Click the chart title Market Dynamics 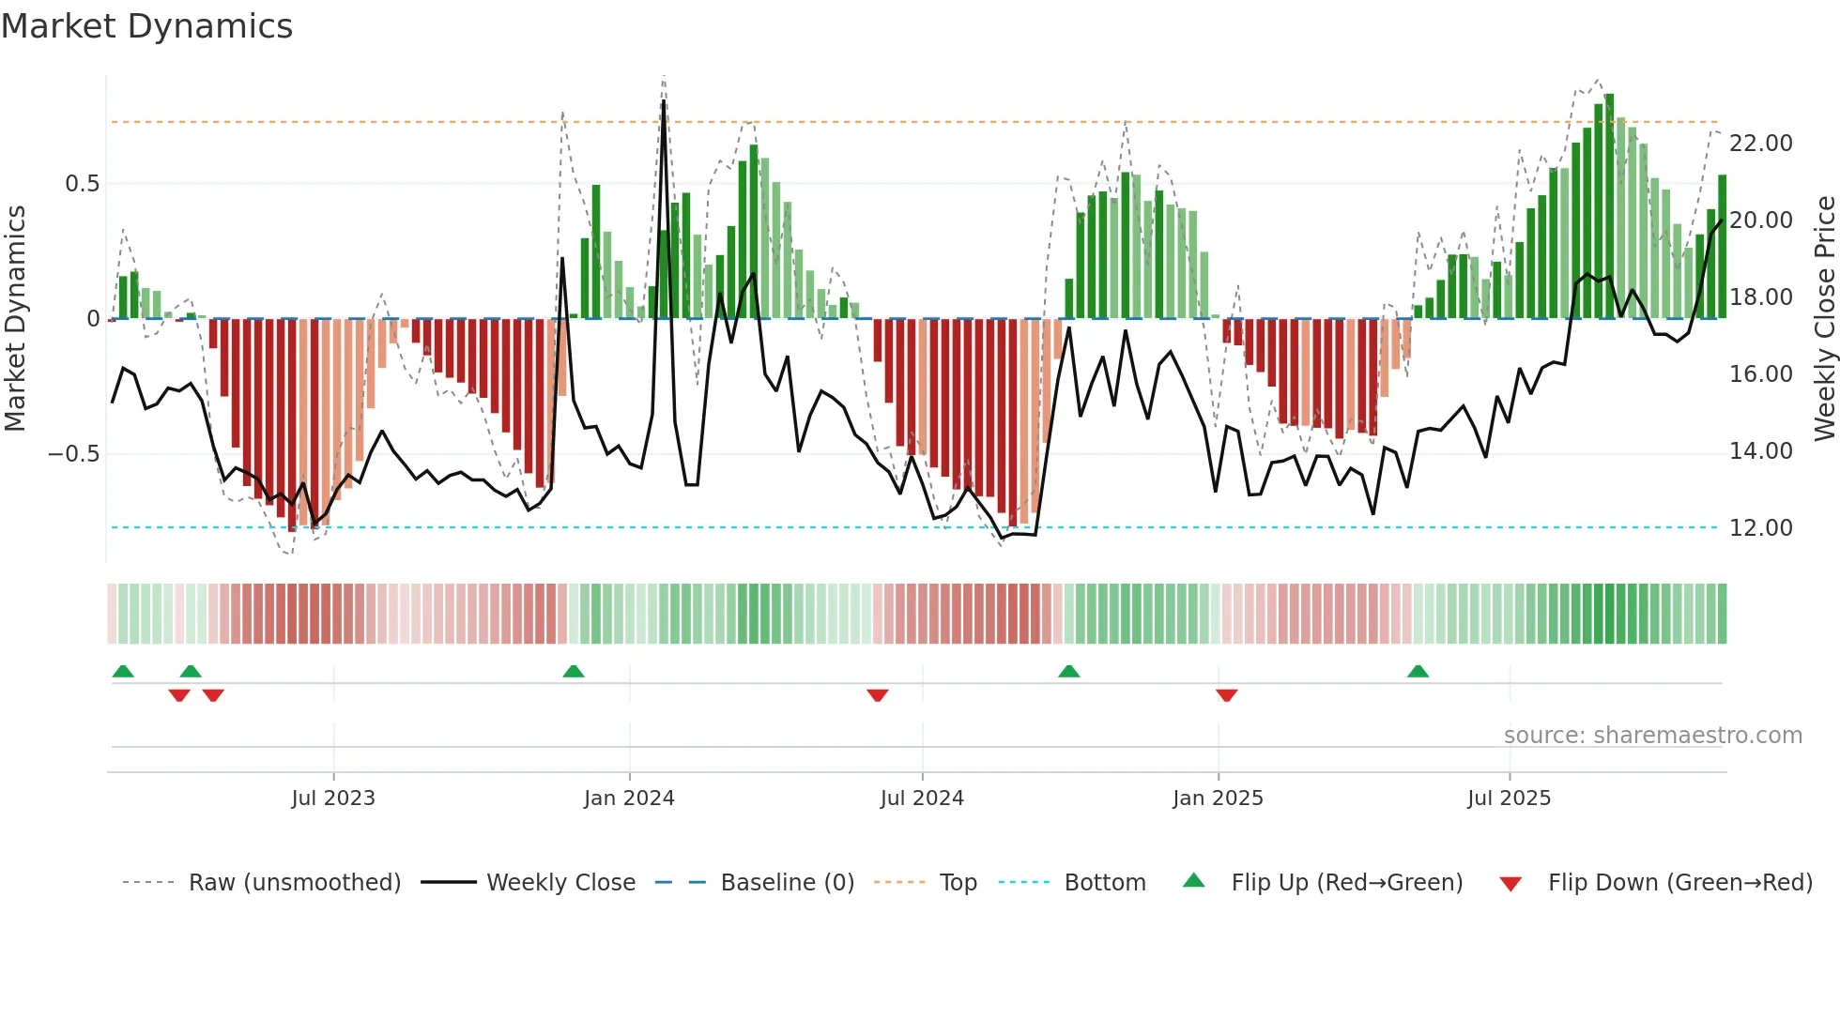[x=146, y=26]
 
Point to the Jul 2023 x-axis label [x=332, y=798]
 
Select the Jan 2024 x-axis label [x=629, y=798]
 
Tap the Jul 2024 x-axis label [x=922, y=798]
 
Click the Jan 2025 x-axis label [x=1218, y=798]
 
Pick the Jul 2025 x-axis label [x=1509, y=798]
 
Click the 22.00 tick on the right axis [x=1760, y=144]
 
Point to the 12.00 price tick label [x=1760, y=528]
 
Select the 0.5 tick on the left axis [x=82, y=184]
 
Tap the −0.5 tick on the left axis [x=73, y=454]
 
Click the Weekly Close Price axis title [x=1824, y=319]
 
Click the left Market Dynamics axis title [x=15, y=319]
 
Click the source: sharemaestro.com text [x=1652, y=736]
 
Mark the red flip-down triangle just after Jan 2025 [x=1226, y=695]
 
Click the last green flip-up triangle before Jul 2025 [x=1418, y=671]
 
